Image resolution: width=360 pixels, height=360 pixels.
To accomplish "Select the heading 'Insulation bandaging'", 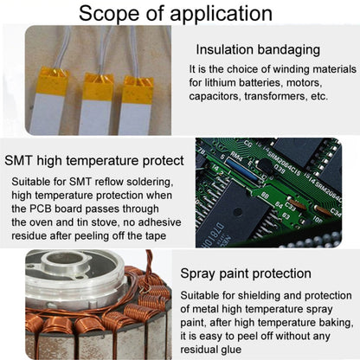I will pyautogui.click(x=258, y=49).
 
